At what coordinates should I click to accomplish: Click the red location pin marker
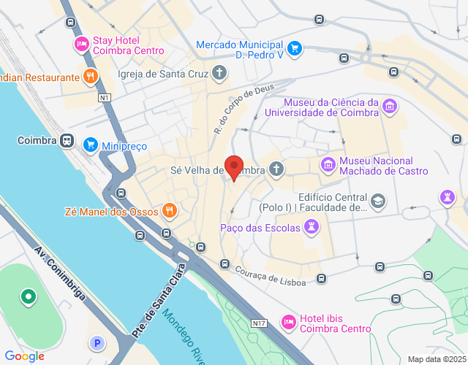[233, 167]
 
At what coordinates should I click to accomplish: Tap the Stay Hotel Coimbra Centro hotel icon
[82, 45]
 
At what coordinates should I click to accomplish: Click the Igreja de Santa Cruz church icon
[219, 73]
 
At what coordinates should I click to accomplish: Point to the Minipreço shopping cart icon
[91, 144]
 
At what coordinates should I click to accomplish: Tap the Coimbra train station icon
[67, 140]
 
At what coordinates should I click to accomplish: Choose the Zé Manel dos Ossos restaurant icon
[169, 211]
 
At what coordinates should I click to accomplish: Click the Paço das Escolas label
[260, 228]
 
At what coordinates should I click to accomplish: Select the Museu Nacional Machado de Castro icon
[328, 166]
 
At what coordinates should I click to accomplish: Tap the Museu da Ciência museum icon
[390, 107]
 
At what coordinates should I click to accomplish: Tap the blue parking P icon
[97, 342]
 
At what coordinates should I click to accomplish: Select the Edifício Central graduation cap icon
[378, 201]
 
